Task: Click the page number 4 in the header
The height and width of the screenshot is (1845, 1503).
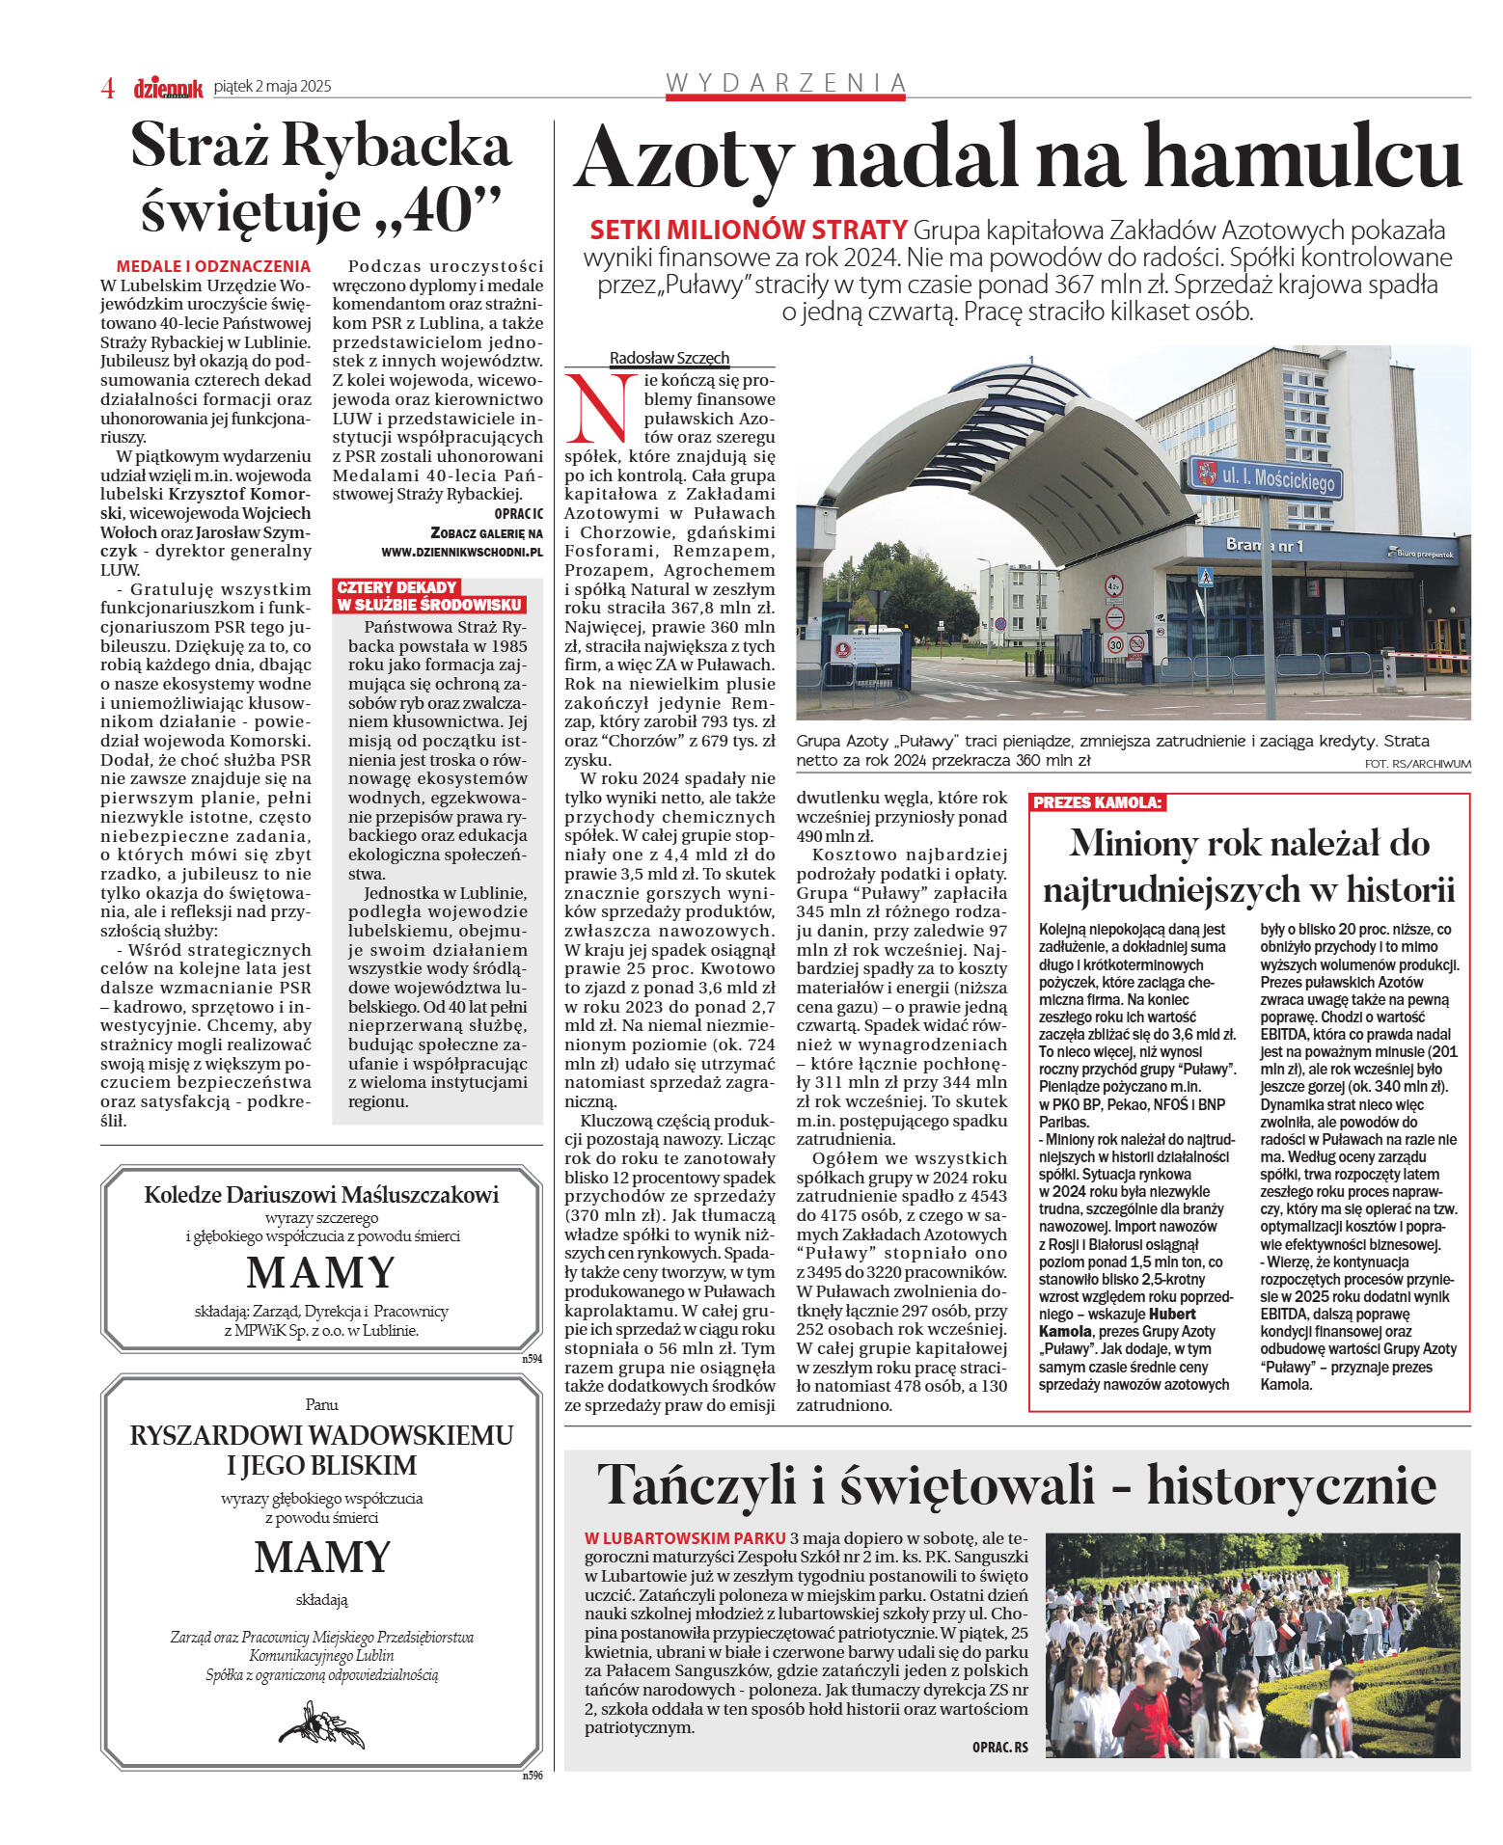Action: coord(108,88)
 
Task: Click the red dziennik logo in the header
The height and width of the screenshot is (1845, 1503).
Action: coord(168,88)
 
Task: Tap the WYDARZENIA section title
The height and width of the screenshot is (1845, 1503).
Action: coord(786,83)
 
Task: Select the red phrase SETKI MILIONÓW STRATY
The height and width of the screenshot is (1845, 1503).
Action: coord(748,231)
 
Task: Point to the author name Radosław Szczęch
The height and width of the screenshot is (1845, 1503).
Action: coord(669,358)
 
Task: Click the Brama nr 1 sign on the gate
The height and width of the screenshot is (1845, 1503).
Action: coord(1264,546)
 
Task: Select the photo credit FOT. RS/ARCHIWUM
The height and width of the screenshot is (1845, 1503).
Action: coord(1417,764)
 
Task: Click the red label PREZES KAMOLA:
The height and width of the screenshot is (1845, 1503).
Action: coord(1098,802)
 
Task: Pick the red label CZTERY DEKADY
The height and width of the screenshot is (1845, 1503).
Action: coord(396,587)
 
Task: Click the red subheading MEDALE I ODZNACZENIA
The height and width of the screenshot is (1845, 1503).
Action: coord(213,266)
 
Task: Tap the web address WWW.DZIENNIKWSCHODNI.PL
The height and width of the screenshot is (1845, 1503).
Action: coord(462,553)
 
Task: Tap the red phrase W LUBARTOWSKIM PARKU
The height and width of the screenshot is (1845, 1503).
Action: coord(685,1538)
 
